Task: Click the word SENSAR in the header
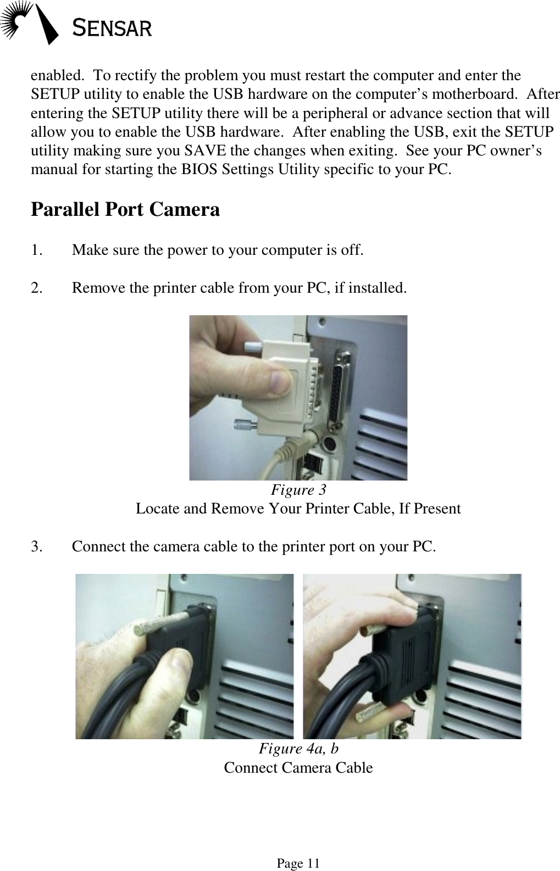[x=113, y=27]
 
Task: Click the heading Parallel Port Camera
[x=125, y=210]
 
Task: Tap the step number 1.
[x=37, y=250]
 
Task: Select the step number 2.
[x=37, y=287]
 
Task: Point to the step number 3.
[x=37, y=547]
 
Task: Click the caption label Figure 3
[x=298, y=489]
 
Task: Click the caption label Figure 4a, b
[x=298, y=749]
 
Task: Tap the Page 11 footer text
[x=298, y=864]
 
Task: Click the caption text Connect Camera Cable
[x=298, y=768]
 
